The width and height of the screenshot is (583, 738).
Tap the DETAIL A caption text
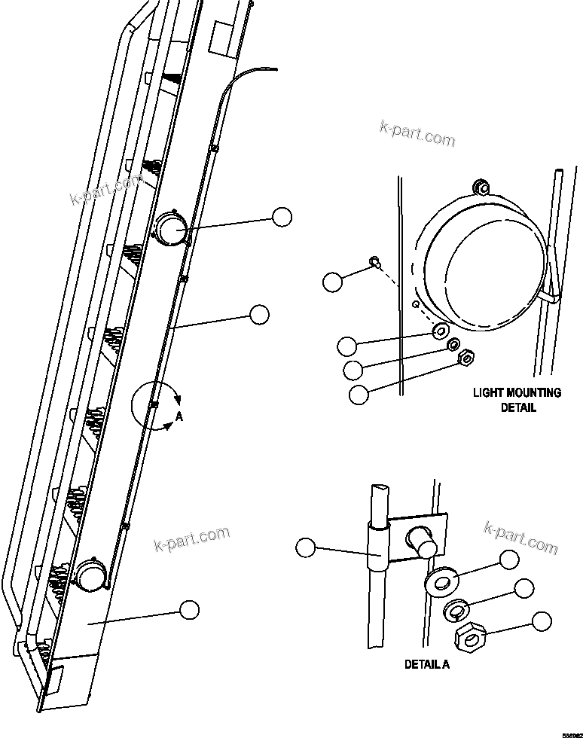[427, 664]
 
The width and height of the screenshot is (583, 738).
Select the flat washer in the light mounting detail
[439, 331]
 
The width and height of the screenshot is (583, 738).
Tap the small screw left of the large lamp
[374, 262]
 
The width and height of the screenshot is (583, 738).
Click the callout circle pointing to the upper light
[282, 217]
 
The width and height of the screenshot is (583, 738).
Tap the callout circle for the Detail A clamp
[305, 548]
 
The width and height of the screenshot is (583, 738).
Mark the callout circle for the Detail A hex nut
[541, 621]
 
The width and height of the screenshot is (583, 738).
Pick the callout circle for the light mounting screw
[331, 282]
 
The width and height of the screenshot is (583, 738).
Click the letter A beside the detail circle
[178, 414]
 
